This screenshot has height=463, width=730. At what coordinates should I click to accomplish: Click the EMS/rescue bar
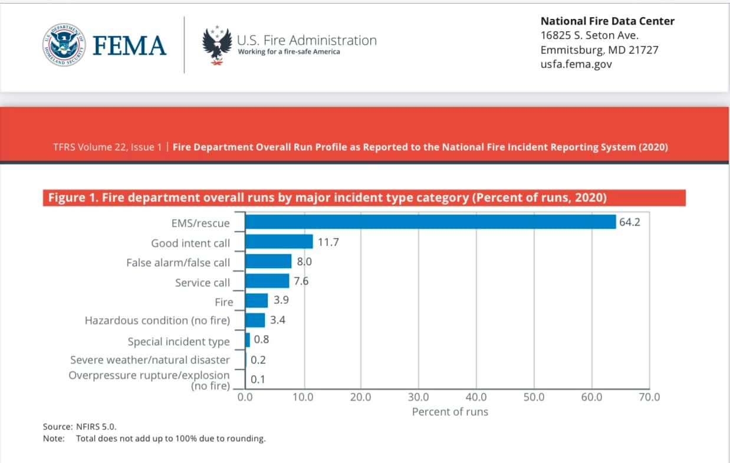(430, 221)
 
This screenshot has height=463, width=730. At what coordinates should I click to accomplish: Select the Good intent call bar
(279, 242)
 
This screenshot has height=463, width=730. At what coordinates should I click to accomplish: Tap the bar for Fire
(257, 300)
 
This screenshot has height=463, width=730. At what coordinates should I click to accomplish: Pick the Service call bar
(267, 281)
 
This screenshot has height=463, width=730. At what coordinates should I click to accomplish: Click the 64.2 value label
(630, 222)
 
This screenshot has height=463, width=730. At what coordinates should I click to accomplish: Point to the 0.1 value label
(258, 379)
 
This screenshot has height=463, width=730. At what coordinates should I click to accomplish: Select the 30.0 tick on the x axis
(419, 397)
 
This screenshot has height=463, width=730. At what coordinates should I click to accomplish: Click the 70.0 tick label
(649, 397)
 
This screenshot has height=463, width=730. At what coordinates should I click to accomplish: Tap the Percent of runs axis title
(450, 412)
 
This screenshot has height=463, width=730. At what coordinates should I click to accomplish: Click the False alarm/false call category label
(178, 263)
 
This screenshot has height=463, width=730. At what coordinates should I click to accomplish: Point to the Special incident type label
(179, 342)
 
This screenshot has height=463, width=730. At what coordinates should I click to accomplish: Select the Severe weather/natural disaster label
(150, 360)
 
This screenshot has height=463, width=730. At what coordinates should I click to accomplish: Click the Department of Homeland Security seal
(64, 45)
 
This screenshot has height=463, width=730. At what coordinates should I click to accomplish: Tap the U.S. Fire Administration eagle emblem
(217, 45)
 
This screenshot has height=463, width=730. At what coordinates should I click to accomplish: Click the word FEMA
(129, 45)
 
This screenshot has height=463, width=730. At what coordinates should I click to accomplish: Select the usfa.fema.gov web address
(576, 64)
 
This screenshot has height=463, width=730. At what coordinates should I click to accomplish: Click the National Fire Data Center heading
(607, 21)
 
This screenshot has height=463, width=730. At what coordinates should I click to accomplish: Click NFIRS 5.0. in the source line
(96, 426)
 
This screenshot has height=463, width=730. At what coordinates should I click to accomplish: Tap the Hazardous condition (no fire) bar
(255, 320)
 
